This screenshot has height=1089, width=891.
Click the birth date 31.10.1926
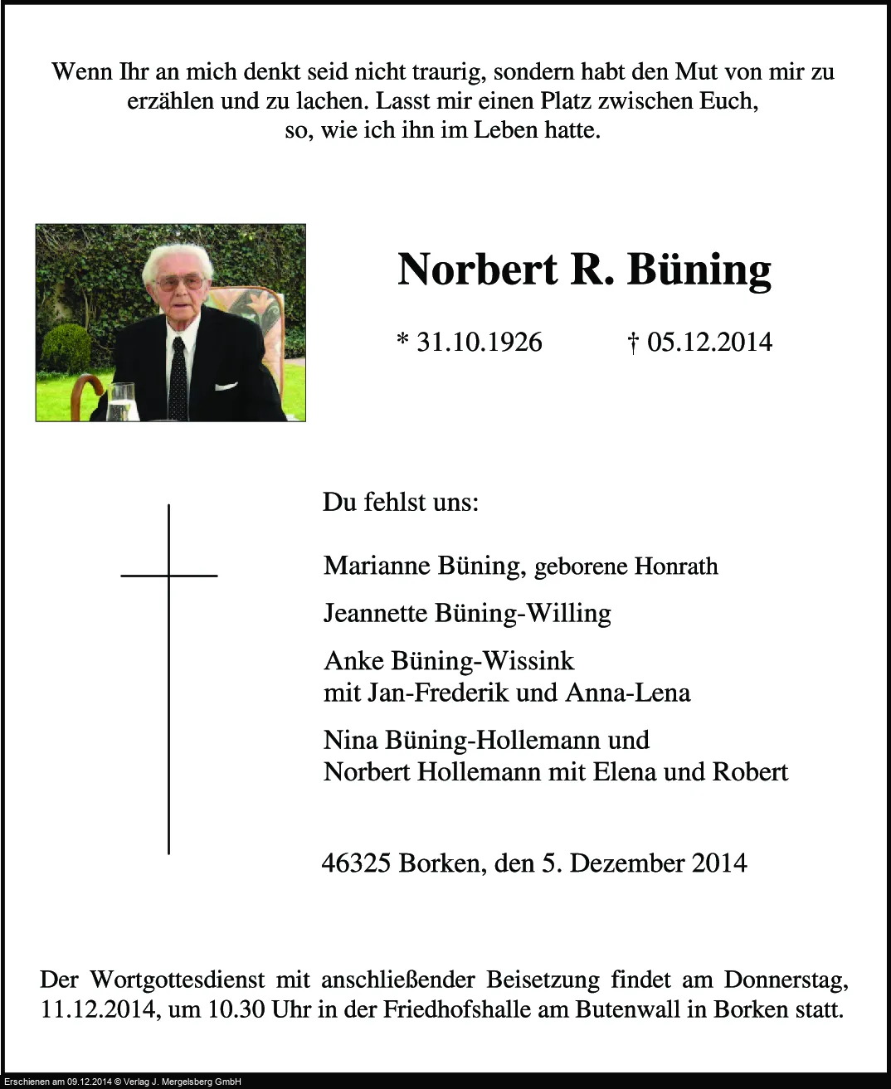point(479,342)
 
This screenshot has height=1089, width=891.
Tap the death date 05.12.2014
point(709,342)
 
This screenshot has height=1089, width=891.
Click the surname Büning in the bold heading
point(699,270)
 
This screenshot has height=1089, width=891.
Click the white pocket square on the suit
point(226,386)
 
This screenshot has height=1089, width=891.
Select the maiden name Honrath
point(675,566)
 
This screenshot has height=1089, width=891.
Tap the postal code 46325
point(356,863)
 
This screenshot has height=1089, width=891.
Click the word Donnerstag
point(786,980)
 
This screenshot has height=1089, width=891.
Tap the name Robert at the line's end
point(750,772)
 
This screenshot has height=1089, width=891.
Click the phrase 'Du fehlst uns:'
point(401,503)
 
